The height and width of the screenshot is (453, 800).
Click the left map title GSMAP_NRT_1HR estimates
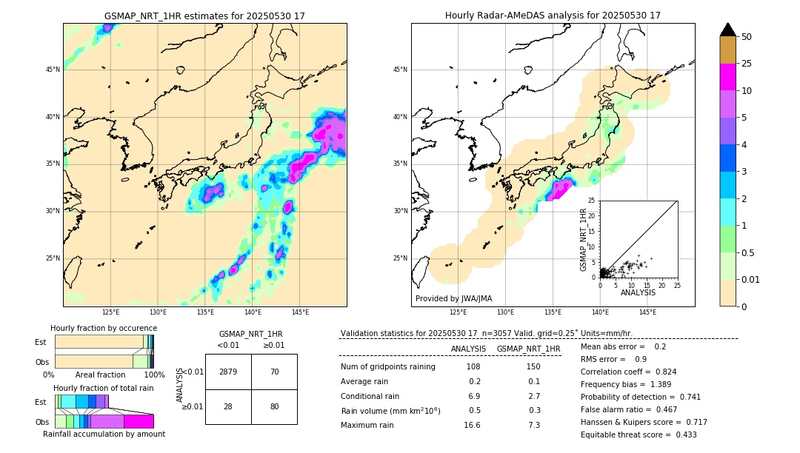point(204,16)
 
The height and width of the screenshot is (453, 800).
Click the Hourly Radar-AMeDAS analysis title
point(553,16)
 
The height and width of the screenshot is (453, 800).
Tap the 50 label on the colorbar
point(747,37)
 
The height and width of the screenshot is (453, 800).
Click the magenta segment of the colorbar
point(727,77)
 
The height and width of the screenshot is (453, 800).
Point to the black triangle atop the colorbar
point(727,30)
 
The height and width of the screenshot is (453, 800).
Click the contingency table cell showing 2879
point(228,372)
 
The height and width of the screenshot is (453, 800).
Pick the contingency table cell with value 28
point(228,406)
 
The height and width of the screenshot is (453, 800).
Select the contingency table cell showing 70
point(274,372)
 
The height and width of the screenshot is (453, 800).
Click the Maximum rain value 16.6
point(473,425)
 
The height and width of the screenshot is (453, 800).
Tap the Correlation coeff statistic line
point(628,372)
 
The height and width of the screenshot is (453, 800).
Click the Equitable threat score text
point(639,434)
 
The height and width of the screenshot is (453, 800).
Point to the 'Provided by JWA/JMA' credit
point(453,298)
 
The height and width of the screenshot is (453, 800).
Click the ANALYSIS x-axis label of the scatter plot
point(638,292)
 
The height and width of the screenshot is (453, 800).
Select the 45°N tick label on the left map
point(52,70)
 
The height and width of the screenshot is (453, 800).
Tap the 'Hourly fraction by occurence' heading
point(104,328)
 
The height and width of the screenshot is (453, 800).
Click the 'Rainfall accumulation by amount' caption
point(104,434)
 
